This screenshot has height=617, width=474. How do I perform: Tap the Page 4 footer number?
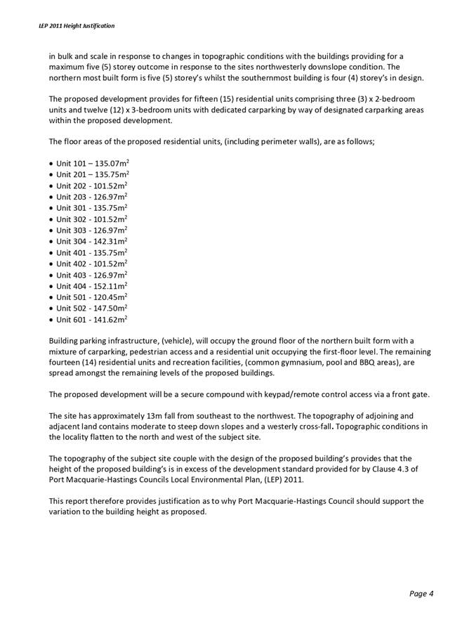point(421,593)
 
